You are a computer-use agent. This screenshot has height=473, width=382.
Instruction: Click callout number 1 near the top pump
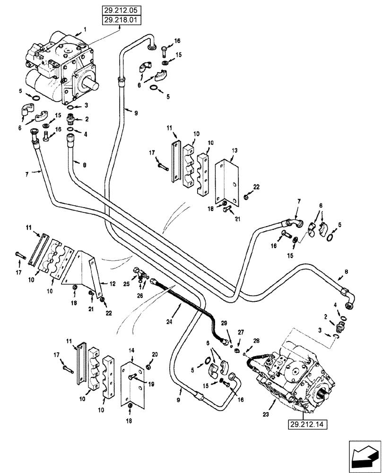coord(85,29)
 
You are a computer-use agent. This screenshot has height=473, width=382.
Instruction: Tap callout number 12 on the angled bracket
coord(112,284)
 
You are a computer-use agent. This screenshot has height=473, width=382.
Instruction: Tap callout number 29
coord(224,323)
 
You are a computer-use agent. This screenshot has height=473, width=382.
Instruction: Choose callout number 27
coord(241,332)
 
